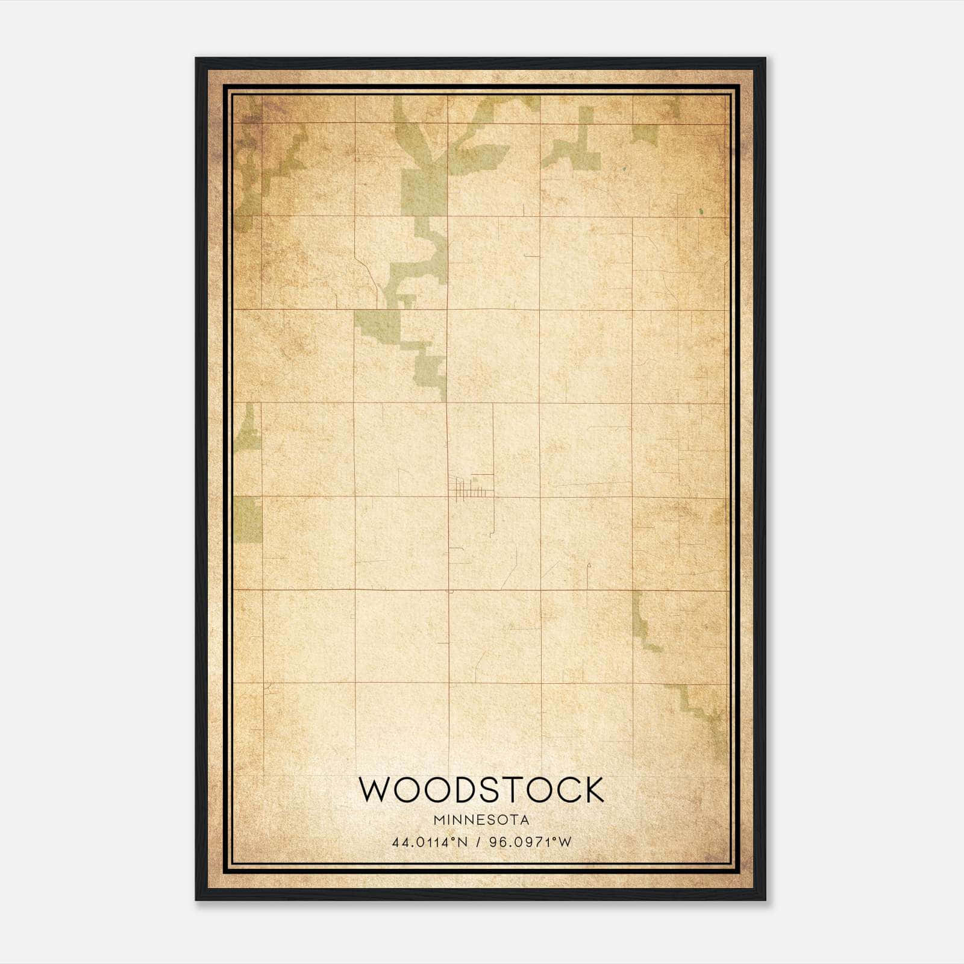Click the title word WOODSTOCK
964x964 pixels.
click(x=481, y=789)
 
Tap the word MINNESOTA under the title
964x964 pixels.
click(x=481, y=820)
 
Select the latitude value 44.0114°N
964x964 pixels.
click(x=430, y=842)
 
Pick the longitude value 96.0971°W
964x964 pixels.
click(x=530, y=842)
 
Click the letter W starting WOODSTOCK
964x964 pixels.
click(x=375, y=789)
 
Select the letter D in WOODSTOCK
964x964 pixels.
click(x=468, y=789)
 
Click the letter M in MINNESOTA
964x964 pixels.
click(x=437, y=820)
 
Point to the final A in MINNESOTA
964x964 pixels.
click(x=525, y=820)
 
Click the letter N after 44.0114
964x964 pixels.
click(x=463, y=842)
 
